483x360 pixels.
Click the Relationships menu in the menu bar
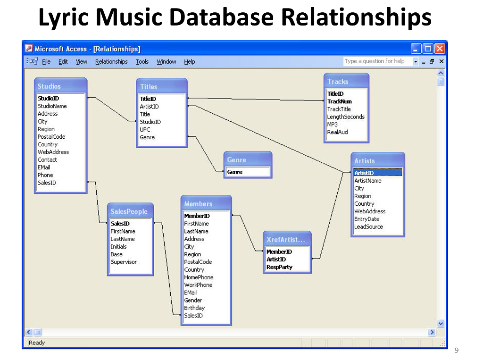[111, 62]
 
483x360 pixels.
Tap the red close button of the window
[440, 49]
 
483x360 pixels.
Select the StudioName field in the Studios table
[52, 106]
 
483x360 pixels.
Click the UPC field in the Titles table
[145, 129]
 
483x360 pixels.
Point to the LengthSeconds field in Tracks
[346, 117]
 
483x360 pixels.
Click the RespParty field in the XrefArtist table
[279, 267]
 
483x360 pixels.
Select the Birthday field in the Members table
[194, 308]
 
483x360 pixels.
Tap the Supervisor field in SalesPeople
[124, 262]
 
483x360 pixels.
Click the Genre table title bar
[248, 159]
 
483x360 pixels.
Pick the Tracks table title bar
[346, 81]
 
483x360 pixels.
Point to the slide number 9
[457, 350]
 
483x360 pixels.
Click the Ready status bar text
[37, 343]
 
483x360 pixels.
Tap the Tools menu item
[142, 62]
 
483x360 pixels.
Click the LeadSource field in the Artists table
[368, 226]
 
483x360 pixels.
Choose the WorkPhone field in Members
[198, 285]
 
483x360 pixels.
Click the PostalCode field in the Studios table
[51, 136]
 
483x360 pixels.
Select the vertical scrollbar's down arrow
[441, 323]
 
